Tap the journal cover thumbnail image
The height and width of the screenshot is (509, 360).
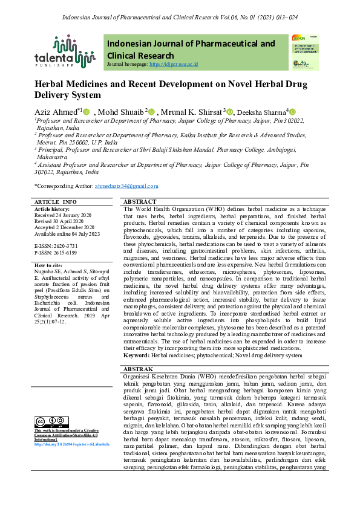[x=304, y=51]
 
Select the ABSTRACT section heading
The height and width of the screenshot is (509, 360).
[x=139, y=201]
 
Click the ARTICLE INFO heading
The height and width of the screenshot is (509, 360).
[x=56, y=201]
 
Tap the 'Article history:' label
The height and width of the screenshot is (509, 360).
[x=54, y=209]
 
